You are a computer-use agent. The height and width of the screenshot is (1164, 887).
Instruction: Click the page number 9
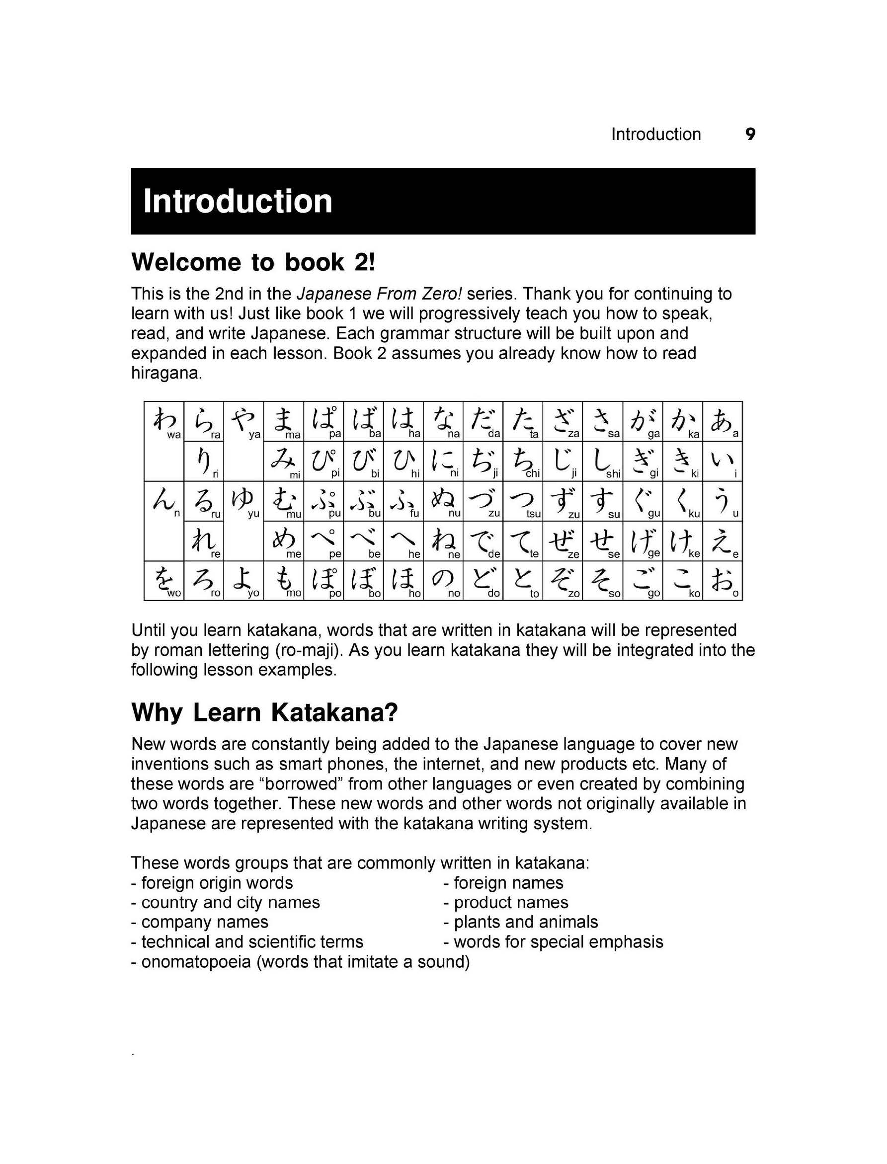point(750,134)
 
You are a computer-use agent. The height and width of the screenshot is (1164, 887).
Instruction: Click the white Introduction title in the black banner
point(238,201)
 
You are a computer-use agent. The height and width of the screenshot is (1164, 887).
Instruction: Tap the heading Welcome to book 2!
point(253,262)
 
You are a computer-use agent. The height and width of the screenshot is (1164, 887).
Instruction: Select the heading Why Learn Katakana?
point(264,712)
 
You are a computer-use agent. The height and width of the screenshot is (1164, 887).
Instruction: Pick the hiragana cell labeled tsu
point(523,501)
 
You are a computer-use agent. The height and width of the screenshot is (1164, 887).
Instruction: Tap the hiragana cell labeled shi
point(602,462)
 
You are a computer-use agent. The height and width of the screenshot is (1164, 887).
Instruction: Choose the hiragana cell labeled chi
point(523,462)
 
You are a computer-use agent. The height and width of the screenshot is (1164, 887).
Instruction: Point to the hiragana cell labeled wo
point(164,581)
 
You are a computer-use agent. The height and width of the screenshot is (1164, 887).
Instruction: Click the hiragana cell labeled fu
point(403,501)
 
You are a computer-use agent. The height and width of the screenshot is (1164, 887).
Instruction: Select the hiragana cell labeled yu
point(243,501)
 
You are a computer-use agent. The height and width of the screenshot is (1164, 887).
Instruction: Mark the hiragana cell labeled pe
point(323,541)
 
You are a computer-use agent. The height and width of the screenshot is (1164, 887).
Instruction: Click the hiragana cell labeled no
point(443,581)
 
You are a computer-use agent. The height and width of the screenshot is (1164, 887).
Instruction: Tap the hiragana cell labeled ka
point(682,421)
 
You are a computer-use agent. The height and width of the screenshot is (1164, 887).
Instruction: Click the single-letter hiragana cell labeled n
point(164,501)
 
